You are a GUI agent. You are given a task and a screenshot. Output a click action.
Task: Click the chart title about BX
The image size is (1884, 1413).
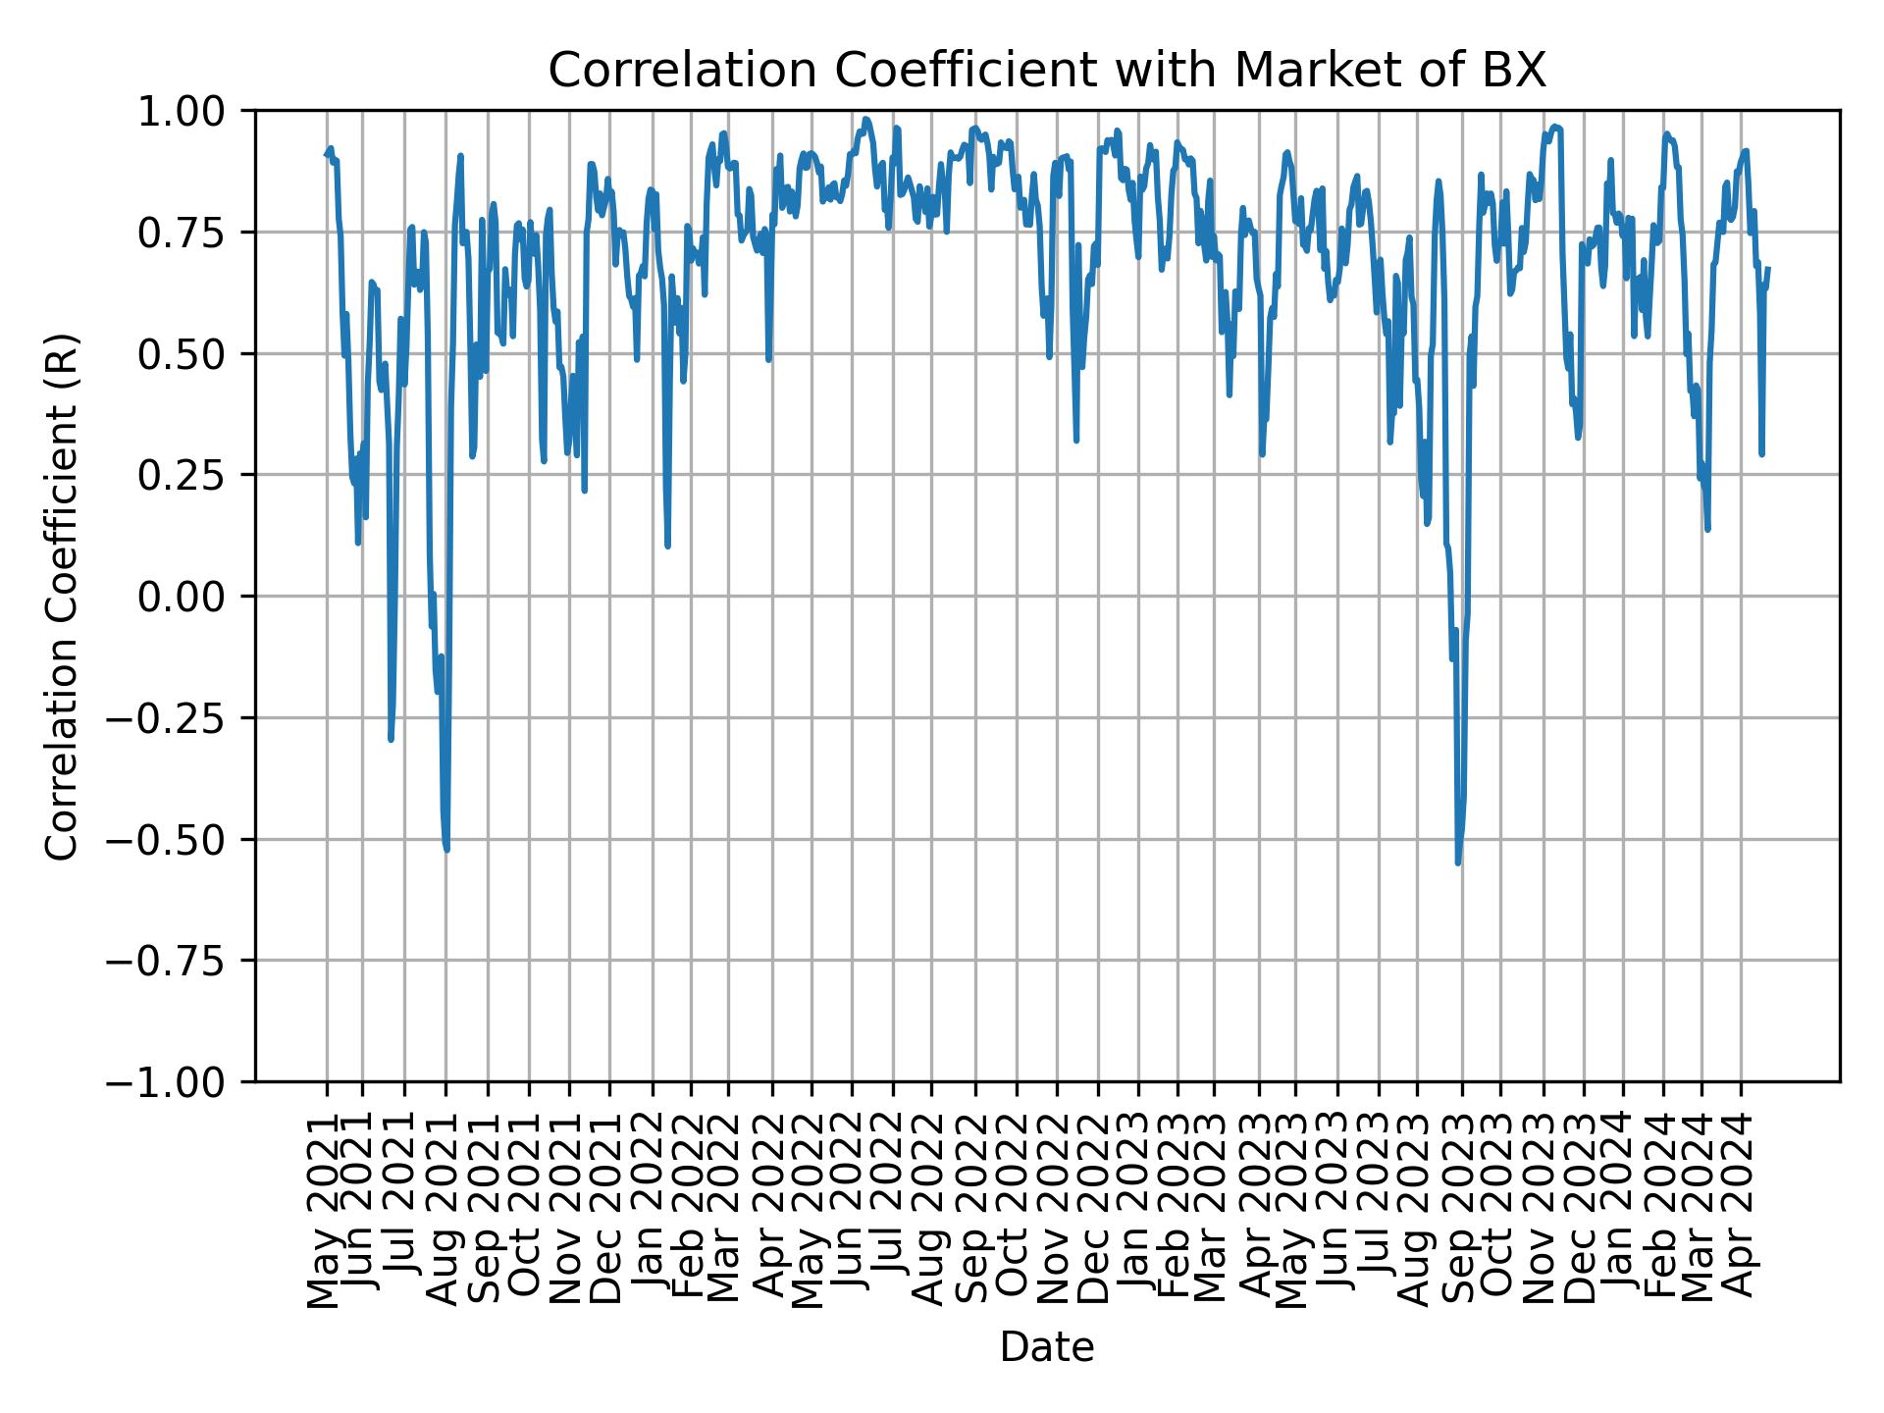click(x=1047, y=71)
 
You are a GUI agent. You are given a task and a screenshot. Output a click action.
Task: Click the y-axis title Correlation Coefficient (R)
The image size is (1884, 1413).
click(x=63, y=597)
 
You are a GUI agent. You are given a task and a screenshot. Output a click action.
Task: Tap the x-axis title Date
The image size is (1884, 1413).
click(x=1047, y=1347)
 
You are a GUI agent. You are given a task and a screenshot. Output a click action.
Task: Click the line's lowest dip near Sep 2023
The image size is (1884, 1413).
click(x=1458, y=863)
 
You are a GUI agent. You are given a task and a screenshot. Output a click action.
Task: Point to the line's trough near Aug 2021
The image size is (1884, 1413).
click(x=446, y=849)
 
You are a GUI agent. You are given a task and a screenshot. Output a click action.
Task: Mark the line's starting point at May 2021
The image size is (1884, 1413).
click(x=326, y=154)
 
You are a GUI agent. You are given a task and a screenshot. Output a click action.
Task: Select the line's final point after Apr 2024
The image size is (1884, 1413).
click(x=1768, y=268)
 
